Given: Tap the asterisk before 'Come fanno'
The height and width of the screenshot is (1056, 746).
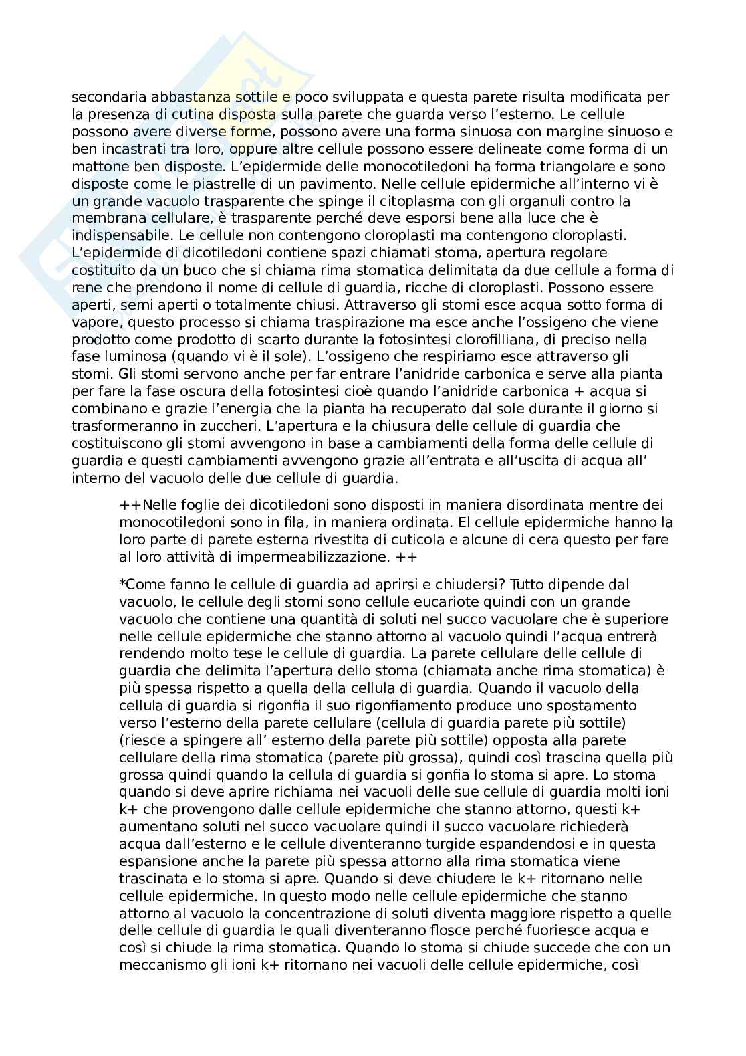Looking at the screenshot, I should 122,583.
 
